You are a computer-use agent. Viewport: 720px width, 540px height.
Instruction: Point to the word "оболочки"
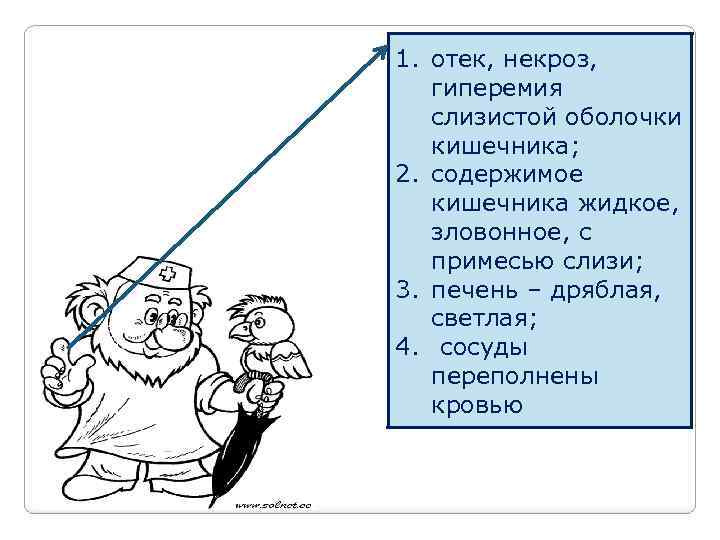(x=614, y=118)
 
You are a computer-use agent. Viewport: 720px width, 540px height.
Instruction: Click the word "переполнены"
(x=515, y=377)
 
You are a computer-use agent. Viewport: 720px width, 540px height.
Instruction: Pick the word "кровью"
(x=477, y=405)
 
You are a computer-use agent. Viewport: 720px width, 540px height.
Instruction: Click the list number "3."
(x=406, y=291)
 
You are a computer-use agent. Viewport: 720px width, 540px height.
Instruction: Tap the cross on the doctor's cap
(x=168, y=272)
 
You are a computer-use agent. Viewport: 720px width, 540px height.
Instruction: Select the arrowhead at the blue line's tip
(x=386, y=48)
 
